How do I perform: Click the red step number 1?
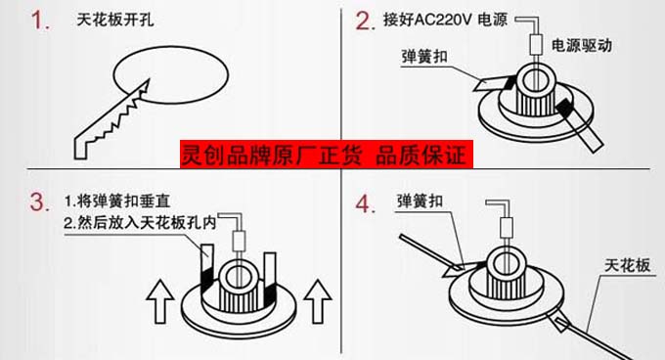click(x=39, y=21)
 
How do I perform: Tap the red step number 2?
click(x=365, y=22)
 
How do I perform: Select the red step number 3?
click(x=39, y=202)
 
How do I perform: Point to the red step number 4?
click(x=365, y=203)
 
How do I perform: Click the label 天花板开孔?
click(x=115, y=20)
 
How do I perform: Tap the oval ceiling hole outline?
click(x=171, y=75)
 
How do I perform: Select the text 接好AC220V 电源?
click(x=445, y=20)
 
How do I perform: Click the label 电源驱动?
click(x=582, y=45)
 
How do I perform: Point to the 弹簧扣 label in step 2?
click(x=424, y=57)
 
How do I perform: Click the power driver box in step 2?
click(x=536, y=44)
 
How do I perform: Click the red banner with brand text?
click(x=326, y=154)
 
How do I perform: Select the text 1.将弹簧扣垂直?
click(x=117, y=201)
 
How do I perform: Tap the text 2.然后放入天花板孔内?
click(x=140, y=223)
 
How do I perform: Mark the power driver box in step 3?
click(x=240, y=242)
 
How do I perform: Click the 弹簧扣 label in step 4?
click(x=420, y=201)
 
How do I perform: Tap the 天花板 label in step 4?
click(x=627, y=265)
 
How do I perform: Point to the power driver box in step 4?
click(x=507, y=228)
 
